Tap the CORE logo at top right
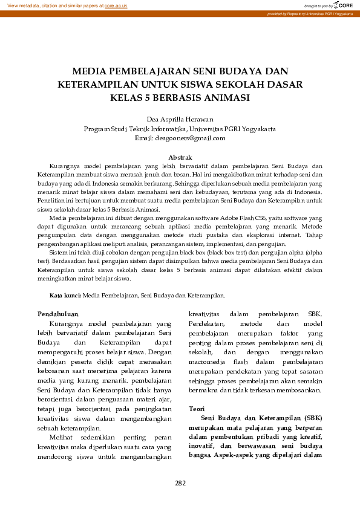(341, 5)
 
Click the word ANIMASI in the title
(227, 97)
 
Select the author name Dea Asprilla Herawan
(180, 119)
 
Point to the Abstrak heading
(180, 157)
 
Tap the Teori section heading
(197, 409)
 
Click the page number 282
(180, 483)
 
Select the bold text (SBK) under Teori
(313, 418)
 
